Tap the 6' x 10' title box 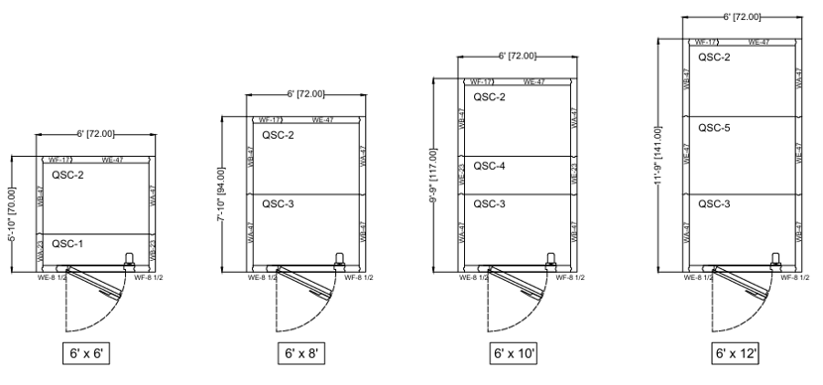point(514,354)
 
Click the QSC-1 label point(67,242)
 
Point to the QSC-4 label point(490,166)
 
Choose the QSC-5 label point(715,127)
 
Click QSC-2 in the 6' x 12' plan point(715,58)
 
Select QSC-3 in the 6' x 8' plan point(279,203)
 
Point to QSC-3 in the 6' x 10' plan point(490,203)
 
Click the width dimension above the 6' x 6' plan point(95,134)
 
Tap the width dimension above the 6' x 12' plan point(742,17)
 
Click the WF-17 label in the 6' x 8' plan point(270,120)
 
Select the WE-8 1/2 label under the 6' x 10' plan point(473,278)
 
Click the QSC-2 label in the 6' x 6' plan point(67,175)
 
